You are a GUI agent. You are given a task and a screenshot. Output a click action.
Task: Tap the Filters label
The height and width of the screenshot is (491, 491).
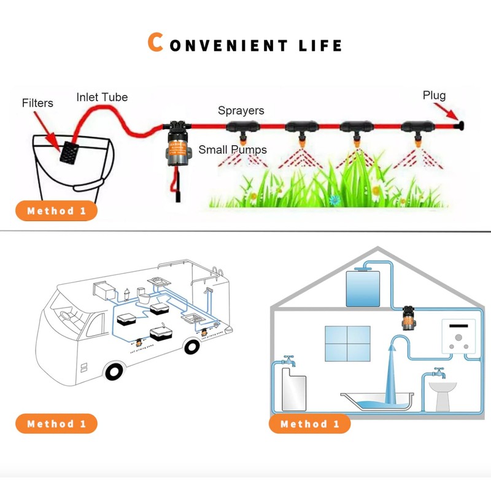(37, 102)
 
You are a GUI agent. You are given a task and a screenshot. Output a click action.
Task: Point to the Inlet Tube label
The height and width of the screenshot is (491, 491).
(102, 97)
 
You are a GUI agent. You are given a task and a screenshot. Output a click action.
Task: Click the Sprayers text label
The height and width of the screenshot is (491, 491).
(241, 110)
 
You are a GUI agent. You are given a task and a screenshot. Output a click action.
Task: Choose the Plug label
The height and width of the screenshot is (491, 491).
(434, 95)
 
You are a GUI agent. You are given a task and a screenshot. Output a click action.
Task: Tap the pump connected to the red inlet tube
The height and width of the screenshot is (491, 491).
(178, 144)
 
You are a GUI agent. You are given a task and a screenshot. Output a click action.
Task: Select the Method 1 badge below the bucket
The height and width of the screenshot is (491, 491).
(56, 211)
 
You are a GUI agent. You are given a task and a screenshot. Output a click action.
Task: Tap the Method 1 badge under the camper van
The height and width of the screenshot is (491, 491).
(56, 423)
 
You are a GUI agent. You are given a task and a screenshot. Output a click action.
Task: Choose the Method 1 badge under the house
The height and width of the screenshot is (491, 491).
(309, 423)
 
